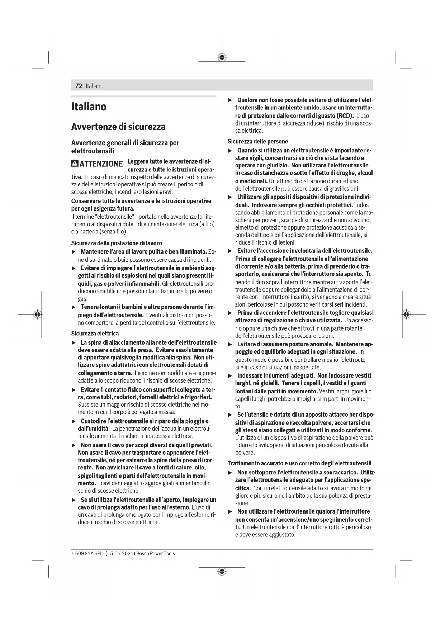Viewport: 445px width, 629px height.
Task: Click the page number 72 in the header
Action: (79, 86)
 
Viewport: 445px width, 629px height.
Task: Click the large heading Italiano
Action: (89, 107)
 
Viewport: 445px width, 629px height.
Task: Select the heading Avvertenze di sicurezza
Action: (118, 127)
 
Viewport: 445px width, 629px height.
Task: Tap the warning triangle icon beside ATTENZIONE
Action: (75, 164)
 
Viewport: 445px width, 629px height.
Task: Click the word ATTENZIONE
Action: (101, 164)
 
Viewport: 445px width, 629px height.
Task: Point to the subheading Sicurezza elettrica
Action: (95, 334)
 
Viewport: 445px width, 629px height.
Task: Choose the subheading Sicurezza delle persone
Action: (257, 142)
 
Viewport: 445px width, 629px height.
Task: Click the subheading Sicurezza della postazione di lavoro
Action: (117, 243)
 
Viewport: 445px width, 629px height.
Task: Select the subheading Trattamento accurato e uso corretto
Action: (299, 463)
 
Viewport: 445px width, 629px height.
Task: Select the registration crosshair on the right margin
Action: (406, 314)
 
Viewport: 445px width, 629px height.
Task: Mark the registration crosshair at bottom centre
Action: (222, 572)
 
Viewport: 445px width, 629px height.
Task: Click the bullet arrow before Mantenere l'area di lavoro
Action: (74, 252)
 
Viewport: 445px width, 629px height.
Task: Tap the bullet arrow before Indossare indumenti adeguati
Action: (230, 376)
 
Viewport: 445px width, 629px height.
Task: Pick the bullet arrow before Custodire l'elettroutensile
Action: (74, 421)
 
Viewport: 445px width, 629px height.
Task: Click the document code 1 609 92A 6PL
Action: (87, 553)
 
